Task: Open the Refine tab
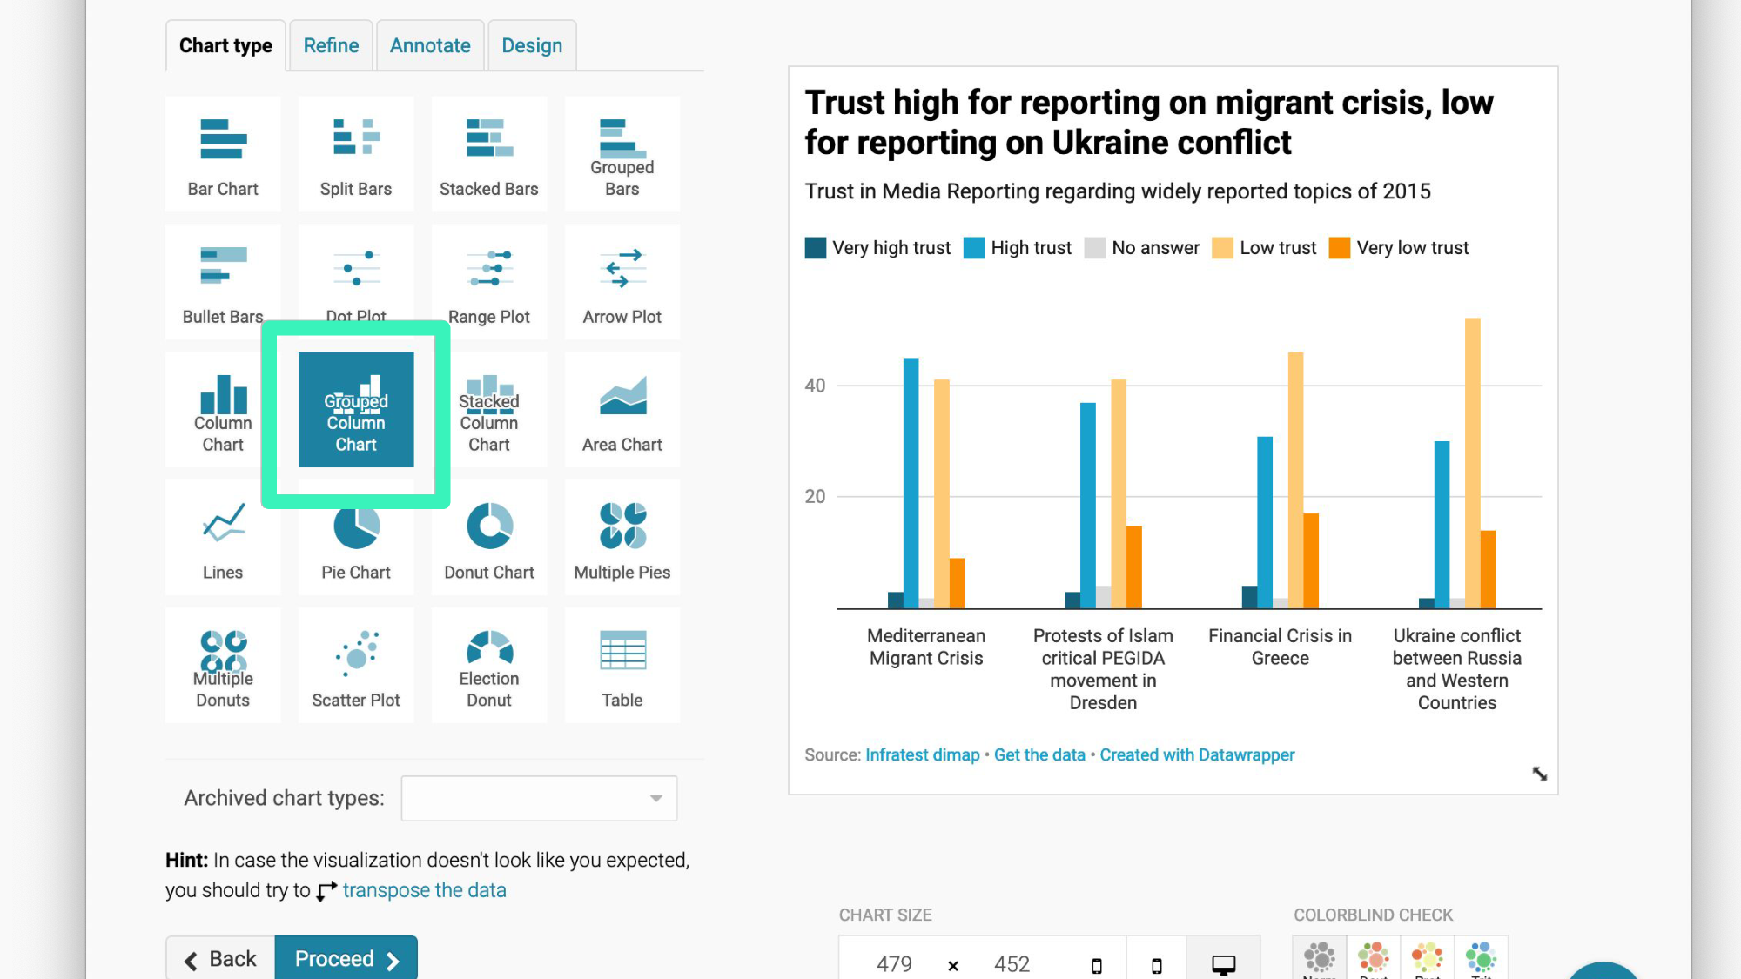coord(331,46)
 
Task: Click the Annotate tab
coord(430,46)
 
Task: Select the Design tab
coord(532,46)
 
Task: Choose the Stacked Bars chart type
coord(489,154)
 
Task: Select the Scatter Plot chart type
coord(356,666)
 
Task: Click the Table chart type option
coord(622,666)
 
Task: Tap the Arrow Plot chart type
coord(622,282)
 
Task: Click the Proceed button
coord(346,958)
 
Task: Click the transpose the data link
coord(424,890)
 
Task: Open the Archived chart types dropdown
coord(539,798)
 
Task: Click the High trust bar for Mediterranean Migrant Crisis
coord(911,483)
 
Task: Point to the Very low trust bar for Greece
coord(1311,560)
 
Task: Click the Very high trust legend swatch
coord(816,248)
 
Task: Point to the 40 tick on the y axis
coord(815,386)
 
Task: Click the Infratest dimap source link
coord(922,754)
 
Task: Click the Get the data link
coord(1039,754)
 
